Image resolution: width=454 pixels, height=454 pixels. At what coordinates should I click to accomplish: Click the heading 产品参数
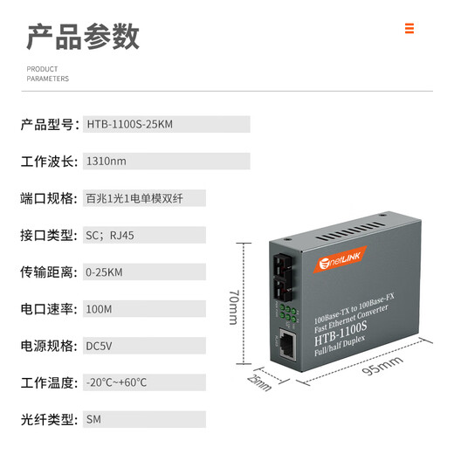[x=83, y=36]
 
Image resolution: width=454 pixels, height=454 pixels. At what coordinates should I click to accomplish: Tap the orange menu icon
[x=409, y=28]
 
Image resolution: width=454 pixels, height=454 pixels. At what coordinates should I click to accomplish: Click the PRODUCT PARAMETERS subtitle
[x=48, y=73]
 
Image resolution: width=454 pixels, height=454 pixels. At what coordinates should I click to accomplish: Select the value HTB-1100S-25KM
[x=130, y=124]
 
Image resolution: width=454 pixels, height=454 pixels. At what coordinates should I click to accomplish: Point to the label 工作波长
[x=49, y=162]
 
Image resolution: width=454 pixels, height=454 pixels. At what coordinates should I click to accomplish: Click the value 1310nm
[x=106, y=162]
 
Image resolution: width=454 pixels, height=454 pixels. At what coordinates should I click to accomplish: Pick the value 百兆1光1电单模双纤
[x=134, y=198]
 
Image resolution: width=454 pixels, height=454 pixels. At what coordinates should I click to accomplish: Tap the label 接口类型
[x=49, y=236]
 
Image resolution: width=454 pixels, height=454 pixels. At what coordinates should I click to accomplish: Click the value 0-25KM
[x=106, y=272]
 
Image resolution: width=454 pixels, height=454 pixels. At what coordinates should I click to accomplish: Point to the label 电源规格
[x=49, y=346]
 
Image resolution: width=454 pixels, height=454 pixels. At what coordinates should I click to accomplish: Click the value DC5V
[x=100, y=346]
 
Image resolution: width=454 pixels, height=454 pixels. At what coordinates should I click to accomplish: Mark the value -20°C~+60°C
[x=117, y=382]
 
